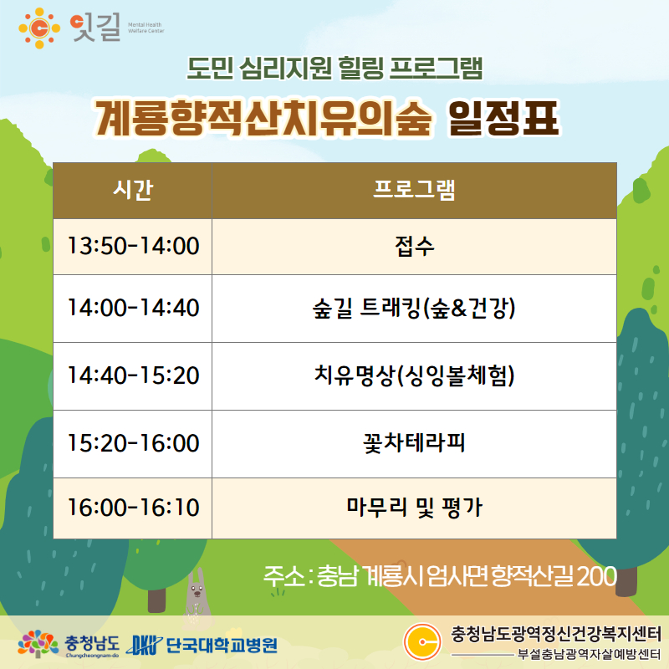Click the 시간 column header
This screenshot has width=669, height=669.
133,191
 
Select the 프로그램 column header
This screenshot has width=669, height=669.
414,191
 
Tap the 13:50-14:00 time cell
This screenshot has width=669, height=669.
133,247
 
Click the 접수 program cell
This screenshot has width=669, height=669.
414,247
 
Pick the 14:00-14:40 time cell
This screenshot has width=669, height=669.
133,309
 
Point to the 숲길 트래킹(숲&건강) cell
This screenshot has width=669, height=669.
414,309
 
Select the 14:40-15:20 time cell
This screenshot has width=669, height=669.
133,376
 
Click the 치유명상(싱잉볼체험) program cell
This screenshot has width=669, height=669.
414,376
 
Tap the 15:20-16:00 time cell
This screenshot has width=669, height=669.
133,444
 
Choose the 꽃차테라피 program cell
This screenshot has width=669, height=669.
414,444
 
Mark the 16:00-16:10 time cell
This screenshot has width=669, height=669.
133,508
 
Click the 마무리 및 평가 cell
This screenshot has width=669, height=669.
414,508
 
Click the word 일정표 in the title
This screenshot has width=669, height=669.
503,119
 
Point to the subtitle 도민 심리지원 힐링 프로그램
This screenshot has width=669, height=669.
335,69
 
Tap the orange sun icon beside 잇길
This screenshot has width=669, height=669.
39,28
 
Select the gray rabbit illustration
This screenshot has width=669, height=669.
197,594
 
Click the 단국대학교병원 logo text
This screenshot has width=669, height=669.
221,645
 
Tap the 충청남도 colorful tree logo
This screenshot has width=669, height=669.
38,643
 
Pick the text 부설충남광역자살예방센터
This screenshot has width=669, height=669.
589,654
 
